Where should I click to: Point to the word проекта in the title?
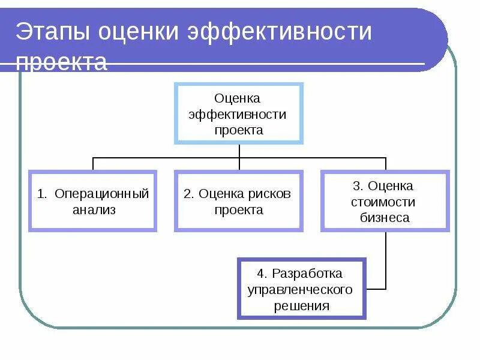[x=61, y=62]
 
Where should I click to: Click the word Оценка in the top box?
[x=238, y=98]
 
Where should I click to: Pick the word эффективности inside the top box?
[x=238, y=114]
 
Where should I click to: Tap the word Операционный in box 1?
[x=101, y=194]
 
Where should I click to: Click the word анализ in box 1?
[x=94, y=210]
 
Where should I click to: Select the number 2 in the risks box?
[x=187, y=194]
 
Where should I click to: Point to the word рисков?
[x=269, y=194]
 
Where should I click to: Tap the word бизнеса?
[x=385, y=218]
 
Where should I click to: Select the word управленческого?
[x=300, y=290]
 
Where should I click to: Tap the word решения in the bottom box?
[x=302, y=305]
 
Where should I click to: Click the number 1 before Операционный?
[x=41, y=194]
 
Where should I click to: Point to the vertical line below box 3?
[x=386, y=258]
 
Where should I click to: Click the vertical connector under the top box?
[x=239, y=151]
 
